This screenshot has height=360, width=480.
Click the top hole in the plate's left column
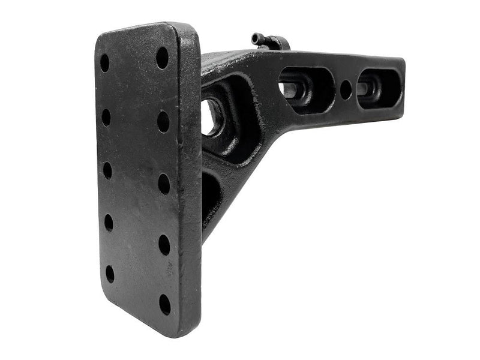tap(104, 63)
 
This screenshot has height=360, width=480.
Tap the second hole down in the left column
tap(106, 118)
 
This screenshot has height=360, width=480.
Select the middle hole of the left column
tap(107, 170)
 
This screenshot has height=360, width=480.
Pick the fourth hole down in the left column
tap(109, 223)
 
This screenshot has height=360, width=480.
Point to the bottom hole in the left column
tap(110, 274)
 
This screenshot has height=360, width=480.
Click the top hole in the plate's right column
tap(162, 58)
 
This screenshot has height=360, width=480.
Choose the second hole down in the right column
tap(163, 121)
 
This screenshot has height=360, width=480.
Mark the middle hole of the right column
tap(164, 184)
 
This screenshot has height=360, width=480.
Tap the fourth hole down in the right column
tap(164, 245)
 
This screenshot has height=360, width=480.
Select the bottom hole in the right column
tap(165, 304)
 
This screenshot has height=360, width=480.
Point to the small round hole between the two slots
tap(346, 89)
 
